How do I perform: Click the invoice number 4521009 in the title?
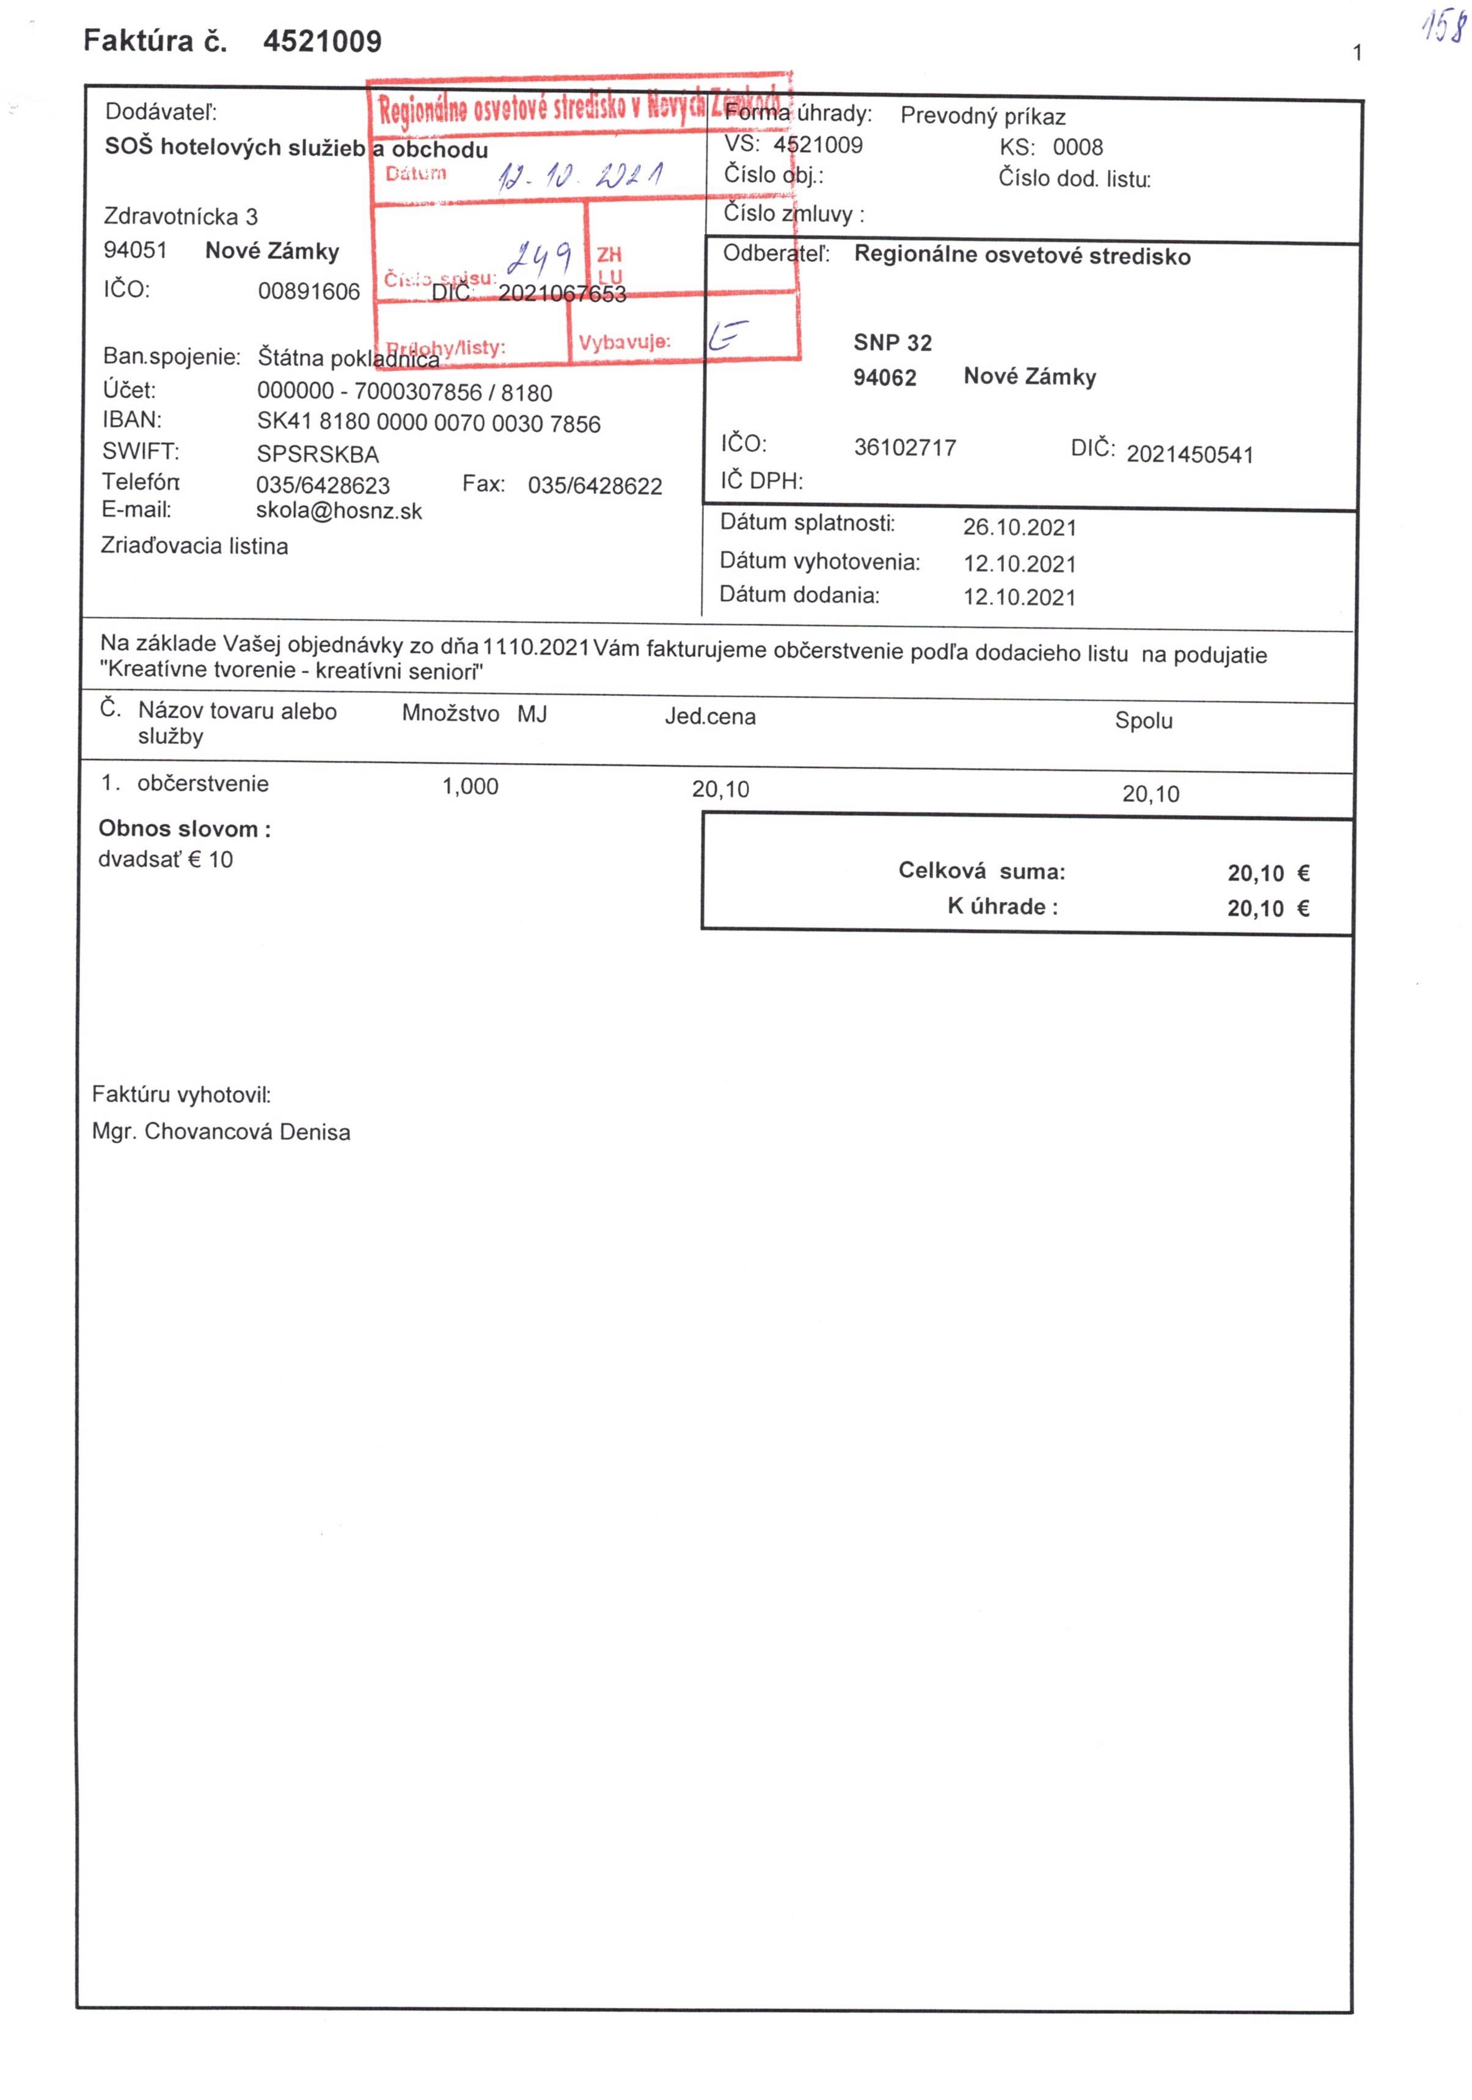322,41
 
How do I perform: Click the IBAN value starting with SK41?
428,423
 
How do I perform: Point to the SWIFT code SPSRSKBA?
318,453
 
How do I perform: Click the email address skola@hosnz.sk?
339,510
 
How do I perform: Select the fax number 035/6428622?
595,486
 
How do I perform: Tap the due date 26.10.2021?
1019,528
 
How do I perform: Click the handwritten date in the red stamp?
580,175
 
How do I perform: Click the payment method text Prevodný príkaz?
983,116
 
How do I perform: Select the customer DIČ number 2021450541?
1189,455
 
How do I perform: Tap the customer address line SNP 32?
892,343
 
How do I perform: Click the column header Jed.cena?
710,717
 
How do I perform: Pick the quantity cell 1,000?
471,786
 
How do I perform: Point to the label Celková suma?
981,871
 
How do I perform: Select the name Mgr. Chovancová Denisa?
221,1132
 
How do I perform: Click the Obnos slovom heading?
184,830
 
